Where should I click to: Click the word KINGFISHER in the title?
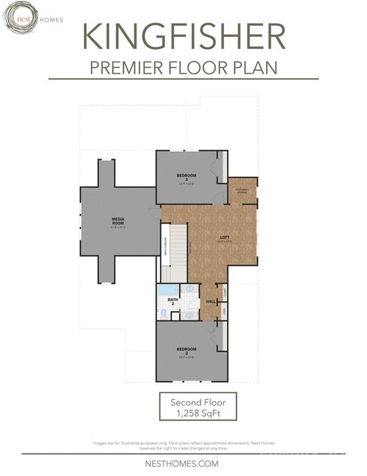point(183,37)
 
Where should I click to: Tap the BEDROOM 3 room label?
point(186,178)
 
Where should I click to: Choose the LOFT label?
point(225,237)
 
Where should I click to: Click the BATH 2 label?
point(172,302)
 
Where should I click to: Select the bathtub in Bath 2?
point(168,289)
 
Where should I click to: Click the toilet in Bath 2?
point(163,312)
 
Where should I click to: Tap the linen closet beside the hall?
point(224,311)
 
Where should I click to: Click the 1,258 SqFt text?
point(198,413)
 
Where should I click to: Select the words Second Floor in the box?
point(198,402)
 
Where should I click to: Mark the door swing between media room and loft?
point(155,213)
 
